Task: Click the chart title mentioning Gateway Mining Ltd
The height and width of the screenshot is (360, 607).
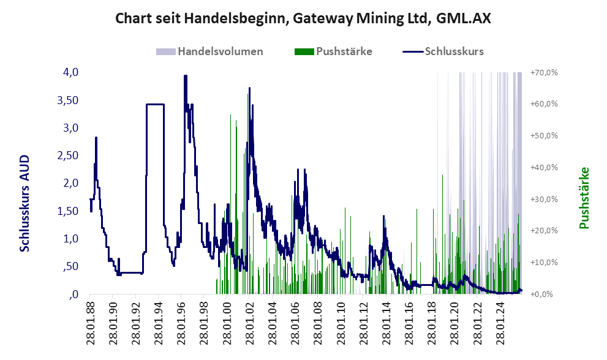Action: (x=303, y=19)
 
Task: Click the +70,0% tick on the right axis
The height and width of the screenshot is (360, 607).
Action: (x=544, y=72)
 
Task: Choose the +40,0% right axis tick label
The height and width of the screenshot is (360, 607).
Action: (x=544, y=167)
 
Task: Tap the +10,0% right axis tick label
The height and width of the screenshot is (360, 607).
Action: (x=544, y=262)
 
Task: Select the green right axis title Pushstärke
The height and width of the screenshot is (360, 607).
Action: (x=584, y=198)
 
